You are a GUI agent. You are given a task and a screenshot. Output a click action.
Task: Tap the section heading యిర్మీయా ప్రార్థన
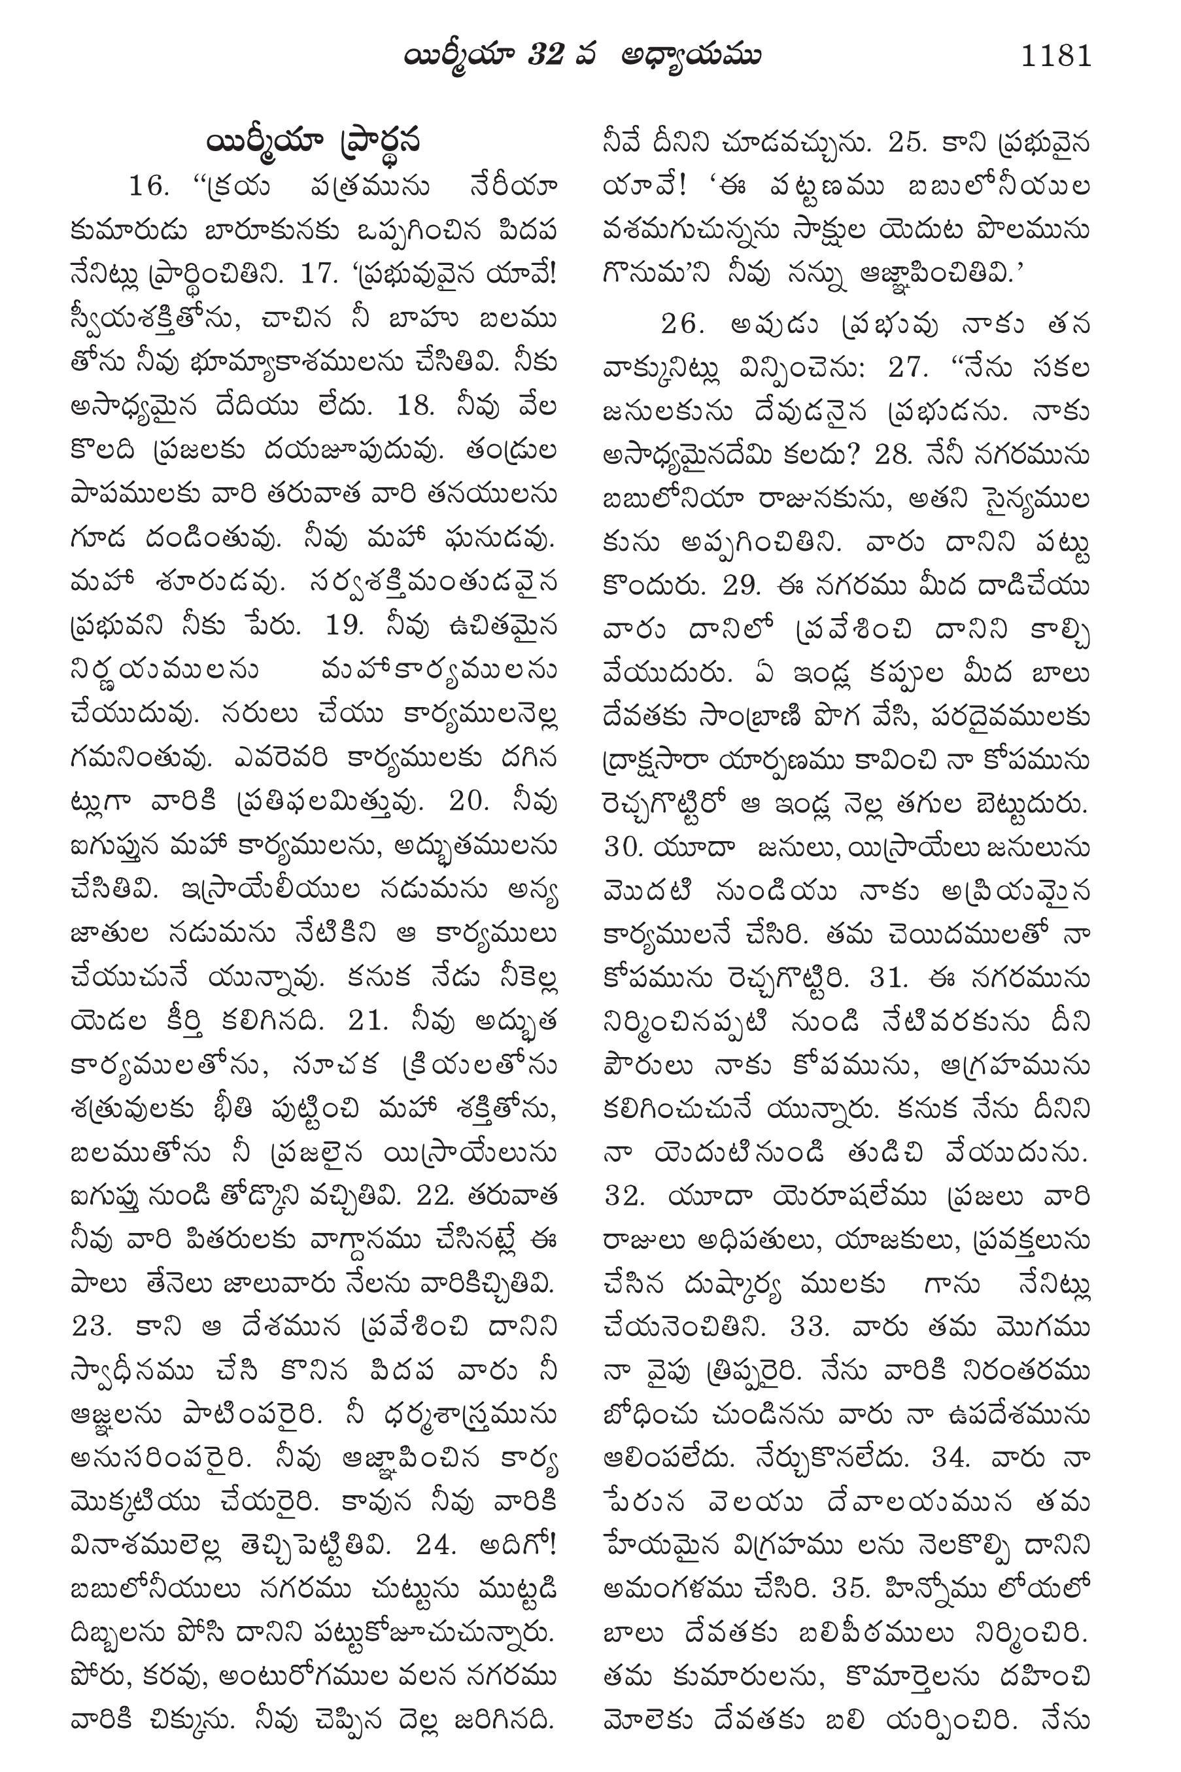(x=311, y=142)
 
